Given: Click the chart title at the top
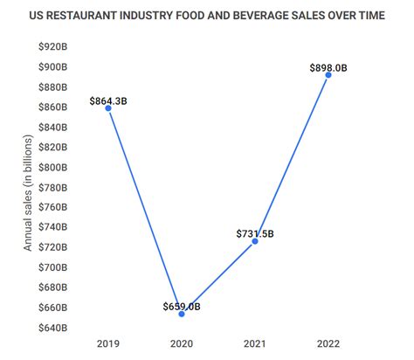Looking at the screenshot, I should (x=207, y=15).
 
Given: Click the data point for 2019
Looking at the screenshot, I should (x=108, y=108).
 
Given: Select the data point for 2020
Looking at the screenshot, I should (x=182, y=313).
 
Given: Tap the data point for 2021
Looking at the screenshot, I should (x=255, y=240).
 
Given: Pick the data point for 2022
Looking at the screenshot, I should (x=328, y=75).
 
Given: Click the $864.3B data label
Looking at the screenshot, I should (x=108, y=101).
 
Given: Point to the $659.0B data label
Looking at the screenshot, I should (x=182, y=306).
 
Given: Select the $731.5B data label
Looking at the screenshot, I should (x=255, y=233).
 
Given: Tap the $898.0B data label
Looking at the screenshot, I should (x=328, y=68).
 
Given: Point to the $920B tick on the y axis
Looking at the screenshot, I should (x=52, y=47).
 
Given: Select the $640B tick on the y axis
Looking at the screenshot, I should (x=52, y=328).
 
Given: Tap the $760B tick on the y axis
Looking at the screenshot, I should (x=52, y=208).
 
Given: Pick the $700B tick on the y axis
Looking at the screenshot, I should (x=52, y=267).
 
